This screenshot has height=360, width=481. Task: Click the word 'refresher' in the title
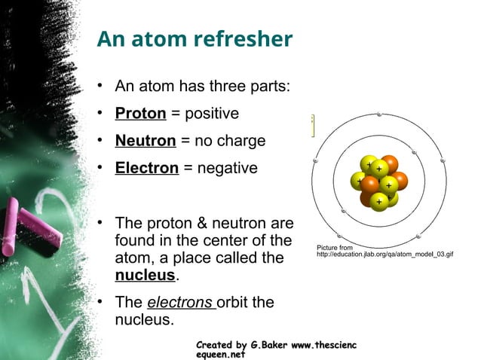point(242,39)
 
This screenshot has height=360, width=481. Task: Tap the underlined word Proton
point(140,114)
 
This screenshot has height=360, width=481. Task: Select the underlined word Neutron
point(146,141)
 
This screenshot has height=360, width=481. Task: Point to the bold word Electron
point(146,168)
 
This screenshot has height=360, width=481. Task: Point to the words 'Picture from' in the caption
point(335,247)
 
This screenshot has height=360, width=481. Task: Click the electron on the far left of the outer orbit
point(316,162)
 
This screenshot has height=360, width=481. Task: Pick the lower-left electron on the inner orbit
point(343,212)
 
